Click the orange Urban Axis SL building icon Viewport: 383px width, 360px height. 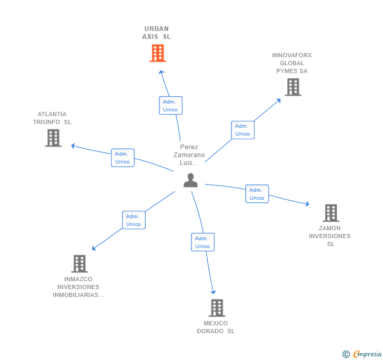click(x=157, y=53)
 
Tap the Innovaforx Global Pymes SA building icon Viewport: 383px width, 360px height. click(x=293, y=87)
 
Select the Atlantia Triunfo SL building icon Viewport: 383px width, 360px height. click(x=53, y=138)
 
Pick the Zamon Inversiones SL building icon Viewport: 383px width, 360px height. click(x=330, y=213)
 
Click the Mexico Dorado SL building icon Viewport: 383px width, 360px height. click(x=216, y=307)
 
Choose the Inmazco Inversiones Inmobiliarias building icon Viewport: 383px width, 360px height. click(x=79, y=263)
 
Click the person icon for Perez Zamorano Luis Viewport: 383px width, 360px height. click(x=190, y=180)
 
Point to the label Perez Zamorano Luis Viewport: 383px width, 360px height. click(x=189, y=155)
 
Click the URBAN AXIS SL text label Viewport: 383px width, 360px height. click(x=156, y=33)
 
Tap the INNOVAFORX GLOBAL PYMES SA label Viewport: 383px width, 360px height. click(x=291, y=63)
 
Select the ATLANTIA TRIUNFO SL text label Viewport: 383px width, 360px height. click(x=52, y=118)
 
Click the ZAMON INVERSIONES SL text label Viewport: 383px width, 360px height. click(x=330, y=236)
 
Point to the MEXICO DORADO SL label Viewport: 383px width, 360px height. click(x=216, y=327)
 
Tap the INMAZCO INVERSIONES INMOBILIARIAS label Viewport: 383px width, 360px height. click(x=78, y=287)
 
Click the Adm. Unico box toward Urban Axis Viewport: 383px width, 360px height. click(x=170, y=106)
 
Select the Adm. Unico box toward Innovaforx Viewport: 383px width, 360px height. click(x=243, y=130)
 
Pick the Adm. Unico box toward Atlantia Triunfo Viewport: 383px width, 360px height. click(x=123, y=158)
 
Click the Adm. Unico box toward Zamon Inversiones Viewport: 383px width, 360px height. click(x=257, y=194)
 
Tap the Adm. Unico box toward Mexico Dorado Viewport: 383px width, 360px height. click(x=203, y=242)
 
